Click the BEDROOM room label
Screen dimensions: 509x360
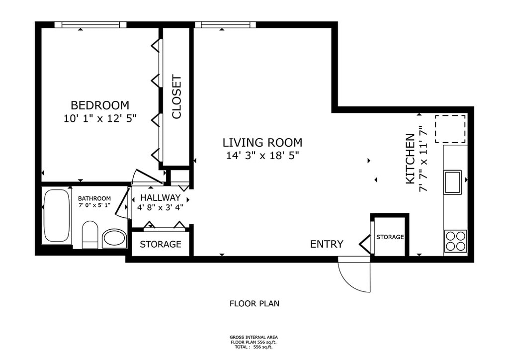tap(100, 105)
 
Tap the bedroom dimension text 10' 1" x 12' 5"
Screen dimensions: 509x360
tap(100, 118)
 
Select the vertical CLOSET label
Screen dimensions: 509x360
tap(176, 97)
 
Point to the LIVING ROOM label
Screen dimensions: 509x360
tap(262, 143)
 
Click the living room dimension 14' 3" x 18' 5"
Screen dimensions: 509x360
tap(262, 156)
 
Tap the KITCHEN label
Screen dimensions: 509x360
tap(410, 159)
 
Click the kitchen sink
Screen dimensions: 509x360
tap(453, 182)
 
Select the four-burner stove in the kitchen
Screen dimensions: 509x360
tap(455, 241)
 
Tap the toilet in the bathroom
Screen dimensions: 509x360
tap(90, 235)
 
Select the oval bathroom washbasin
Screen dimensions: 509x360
tap(114, 239)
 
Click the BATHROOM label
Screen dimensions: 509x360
tap(94, 198)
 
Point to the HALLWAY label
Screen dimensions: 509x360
tap(161, 197)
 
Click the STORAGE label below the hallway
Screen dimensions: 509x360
tap(161, 244)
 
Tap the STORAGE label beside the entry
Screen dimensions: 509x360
tap(390, 237)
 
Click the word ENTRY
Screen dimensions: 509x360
tap(327, 244)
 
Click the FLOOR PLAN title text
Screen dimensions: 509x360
tap(254, 303)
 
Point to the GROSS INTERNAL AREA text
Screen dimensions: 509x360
tap(254, 337)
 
